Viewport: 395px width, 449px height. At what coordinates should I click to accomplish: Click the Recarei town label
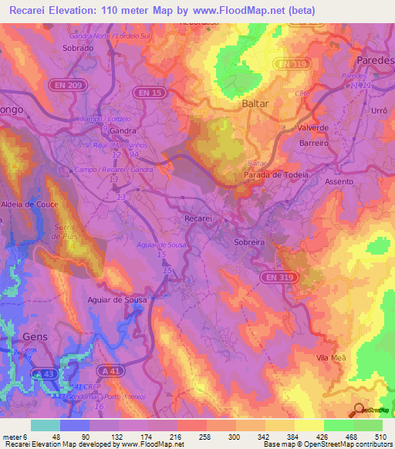[198, 219]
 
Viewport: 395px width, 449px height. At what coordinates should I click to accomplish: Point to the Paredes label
[376, 60]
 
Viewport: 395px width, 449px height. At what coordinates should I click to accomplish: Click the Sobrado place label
[77, 48]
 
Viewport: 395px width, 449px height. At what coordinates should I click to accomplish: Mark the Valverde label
[314, 127]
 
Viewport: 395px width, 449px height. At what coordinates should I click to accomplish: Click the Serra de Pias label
[66, 232]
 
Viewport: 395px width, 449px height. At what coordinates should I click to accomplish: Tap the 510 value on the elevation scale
[380, 437]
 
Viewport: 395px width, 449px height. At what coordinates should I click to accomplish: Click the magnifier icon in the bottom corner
[359, 410]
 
